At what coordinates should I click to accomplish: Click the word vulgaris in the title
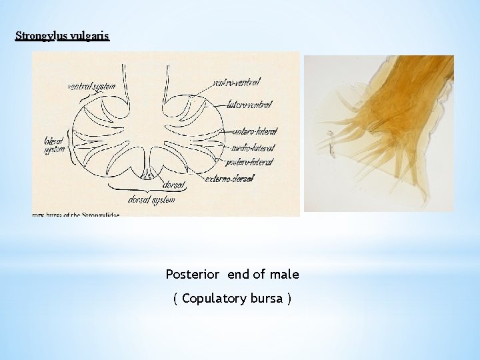coord(89,36)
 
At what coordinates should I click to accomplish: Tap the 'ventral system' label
coord(91,85)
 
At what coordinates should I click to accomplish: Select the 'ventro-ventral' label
coord(237,82)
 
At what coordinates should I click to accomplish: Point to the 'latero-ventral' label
coord(249,105)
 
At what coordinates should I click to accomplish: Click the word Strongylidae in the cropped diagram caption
coord(97,215)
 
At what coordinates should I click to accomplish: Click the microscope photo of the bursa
coord(379,133)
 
